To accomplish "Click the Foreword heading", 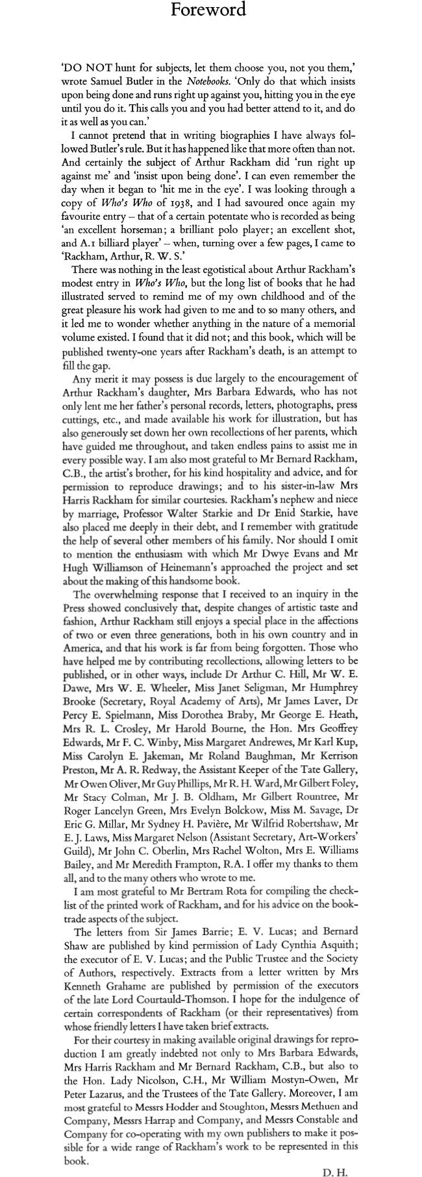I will click(208, 10).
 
